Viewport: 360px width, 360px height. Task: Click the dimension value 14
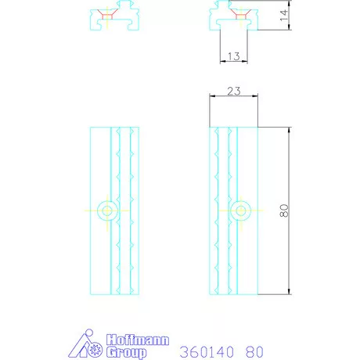283,16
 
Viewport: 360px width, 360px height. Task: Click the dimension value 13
233,56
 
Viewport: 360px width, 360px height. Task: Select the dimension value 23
234,91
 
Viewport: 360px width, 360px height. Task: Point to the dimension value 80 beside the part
284,211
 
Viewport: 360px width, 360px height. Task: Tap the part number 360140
207,352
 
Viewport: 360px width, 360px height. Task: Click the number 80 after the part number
254,352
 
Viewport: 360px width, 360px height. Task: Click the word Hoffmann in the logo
138,340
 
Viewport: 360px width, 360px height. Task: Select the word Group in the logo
126,352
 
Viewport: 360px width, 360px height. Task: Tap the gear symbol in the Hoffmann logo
94,350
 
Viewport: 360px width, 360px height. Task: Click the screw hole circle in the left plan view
107,211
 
